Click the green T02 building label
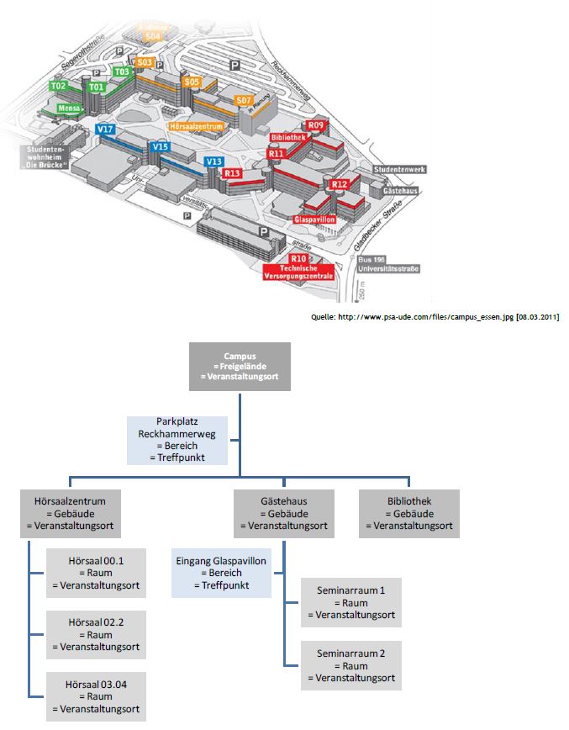57,86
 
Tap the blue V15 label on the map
160,147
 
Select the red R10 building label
299,258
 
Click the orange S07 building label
243,101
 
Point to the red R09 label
315,125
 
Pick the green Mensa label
69,108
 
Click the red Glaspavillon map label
314,219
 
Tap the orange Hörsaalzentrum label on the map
196,126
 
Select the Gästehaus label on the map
396,192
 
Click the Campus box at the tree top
240,367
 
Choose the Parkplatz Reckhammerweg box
176,441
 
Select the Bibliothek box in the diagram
408,514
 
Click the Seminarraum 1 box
350,602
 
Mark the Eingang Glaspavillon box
221,572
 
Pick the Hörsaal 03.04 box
95,696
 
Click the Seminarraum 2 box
350,665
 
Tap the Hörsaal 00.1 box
95,573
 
